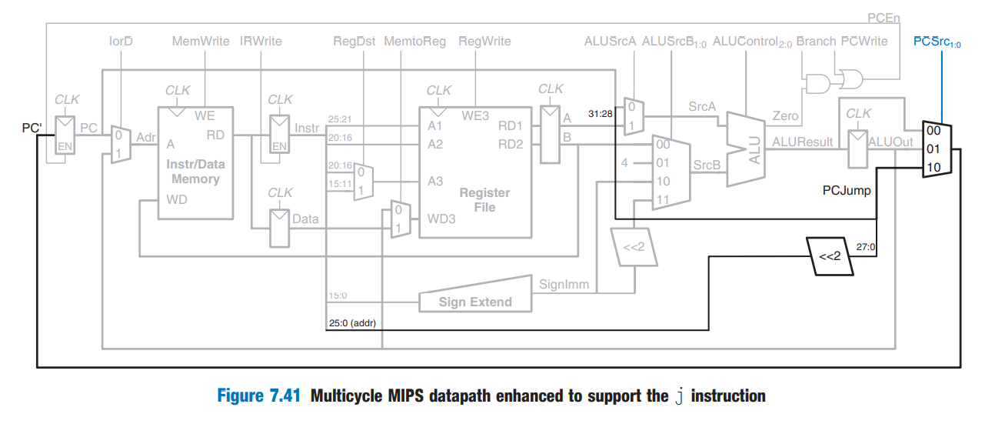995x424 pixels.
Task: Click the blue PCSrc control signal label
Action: coord(937,42)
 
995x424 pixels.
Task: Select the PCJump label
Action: coord(847,190)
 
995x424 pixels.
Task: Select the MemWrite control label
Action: coord(200,42)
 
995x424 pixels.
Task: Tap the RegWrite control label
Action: coord(484,42)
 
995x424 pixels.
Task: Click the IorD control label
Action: coord(121,42)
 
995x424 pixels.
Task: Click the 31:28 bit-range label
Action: coord(600,114)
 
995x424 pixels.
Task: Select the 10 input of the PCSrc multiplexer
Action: coord(933,167)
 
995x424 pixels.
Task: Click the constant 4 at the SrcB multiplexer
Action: coord(625,163)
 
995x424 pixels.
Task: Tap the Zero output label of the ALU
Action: coord(785,116)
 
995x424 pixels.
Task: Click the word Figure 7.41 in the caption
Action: coord(260,396)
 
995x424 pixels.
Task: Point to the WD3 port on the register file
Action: coord(441,219)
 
